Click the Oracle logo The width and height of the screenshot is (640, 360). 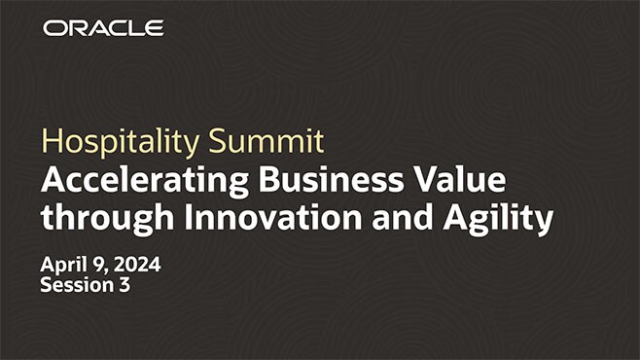click(x=103, y=28)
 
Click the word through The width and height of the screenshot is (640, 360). click(x=103, y=219)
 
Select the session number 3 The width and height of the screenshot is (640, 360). click(x=124, y=286)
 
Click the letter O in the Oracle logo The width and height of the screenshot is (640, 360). click(x=53, y=28)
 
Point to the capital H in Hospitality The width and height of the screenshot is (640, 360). click(x=50, y=141)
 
